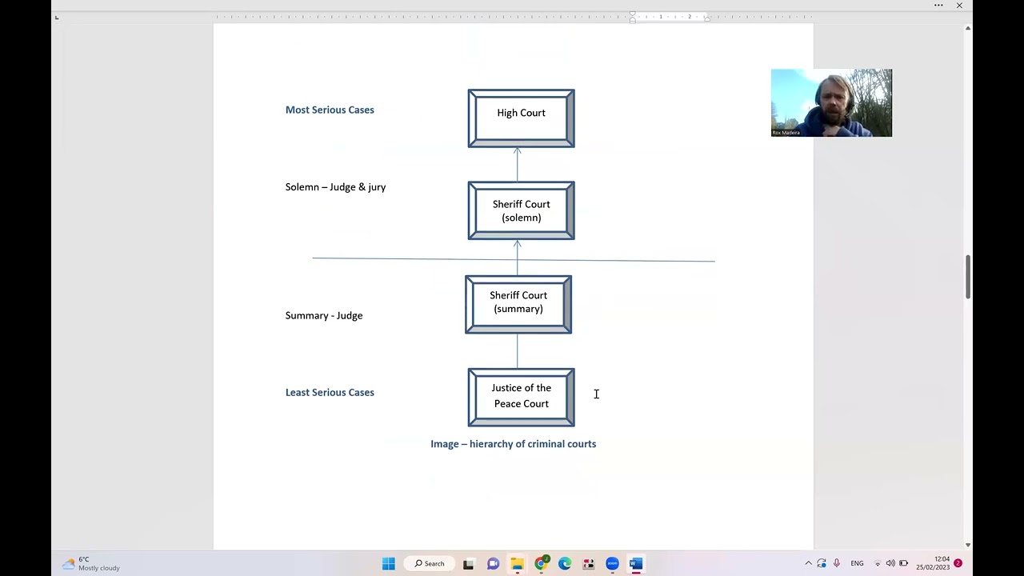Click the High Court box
[x=521, y=118]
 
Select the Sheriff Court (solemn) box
[x=521, y=210]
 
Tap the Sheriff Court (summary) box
[x=518, y=305]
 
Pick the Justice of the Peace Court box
[x=521, y=398]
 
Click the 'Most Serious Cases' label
[x=330, y=110]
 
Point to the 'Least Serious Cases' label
[x=330, y=392]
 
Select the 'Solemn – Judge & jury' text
[x=335, y=187]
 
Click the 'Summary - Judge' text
[x=324, y=315]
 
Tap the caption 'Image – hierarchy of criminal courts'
[x=514, y=444]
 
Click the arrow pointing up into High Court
[x=518, y=165]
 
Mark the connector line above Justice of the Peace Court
[x=518, y=351]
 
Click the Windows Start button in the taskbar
[x=389, y=564]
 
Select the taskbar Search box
[x=430, y=564]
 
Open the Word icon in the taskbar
[x=636, y=564]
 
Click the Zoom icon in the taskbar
[x=612, y=564]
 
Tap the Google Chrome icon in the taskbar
[x=541, y=564]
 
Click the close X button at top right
[x=959, y=6]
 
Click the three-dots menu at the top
[x=938, y=6]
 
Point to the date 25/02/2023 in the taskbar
[x=933, y=567]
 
